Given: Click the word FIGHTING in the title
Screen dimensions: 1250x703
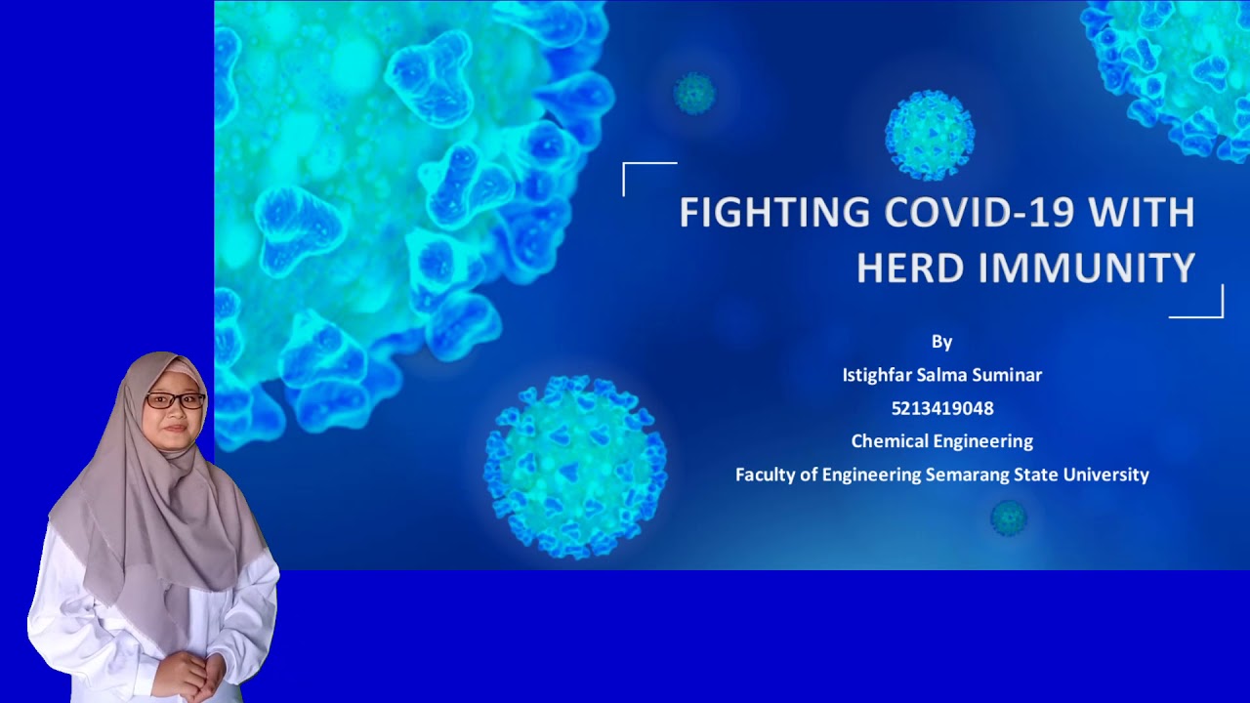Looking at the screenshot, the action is point(774,212).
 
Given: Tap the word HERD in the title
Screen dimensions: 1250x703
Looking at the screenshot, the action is point(912,269).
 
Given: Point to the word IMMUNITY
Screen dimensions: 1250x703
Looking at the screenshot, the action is point(1087,269).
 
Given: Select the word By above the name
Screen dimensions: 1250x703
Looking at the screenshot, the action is point(942,342).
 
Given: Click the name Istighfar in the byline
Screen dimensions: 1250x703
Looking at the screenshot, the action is point(877,375).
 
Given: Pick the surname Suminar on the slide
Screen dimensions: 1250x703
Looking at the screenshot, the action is point(1007,375).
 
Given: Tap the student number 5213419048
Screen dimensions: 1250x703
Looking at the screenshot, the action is point(942,408).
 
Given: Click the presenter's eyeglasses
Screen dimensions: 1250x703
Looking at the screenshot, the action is point(175,400).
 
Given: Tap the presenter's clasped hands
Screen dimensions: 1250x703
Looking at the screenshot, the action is point(187,672).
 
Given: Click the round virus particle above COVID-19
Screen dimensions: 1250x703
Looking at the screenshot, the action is point(930,135).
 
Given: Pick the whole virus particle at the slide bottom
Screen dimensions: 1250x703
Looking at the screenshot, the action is point(575,468).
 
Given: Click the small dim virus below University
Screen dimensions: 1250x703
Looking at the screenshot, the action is point(1009,518).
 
